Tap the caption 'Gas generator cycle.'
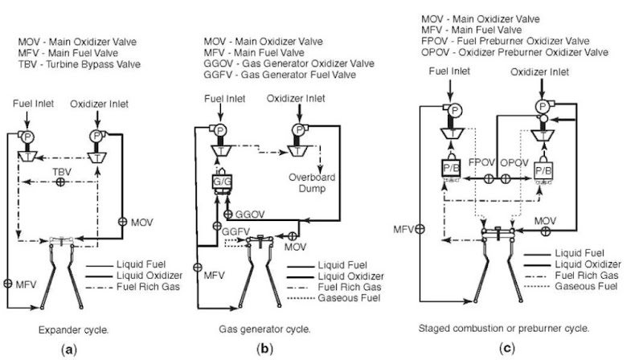coord(264,329)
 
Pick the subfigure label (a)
coord(69,350)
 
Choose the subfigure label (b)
coord(264,350)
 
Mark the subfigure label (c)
coord(504,350)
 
